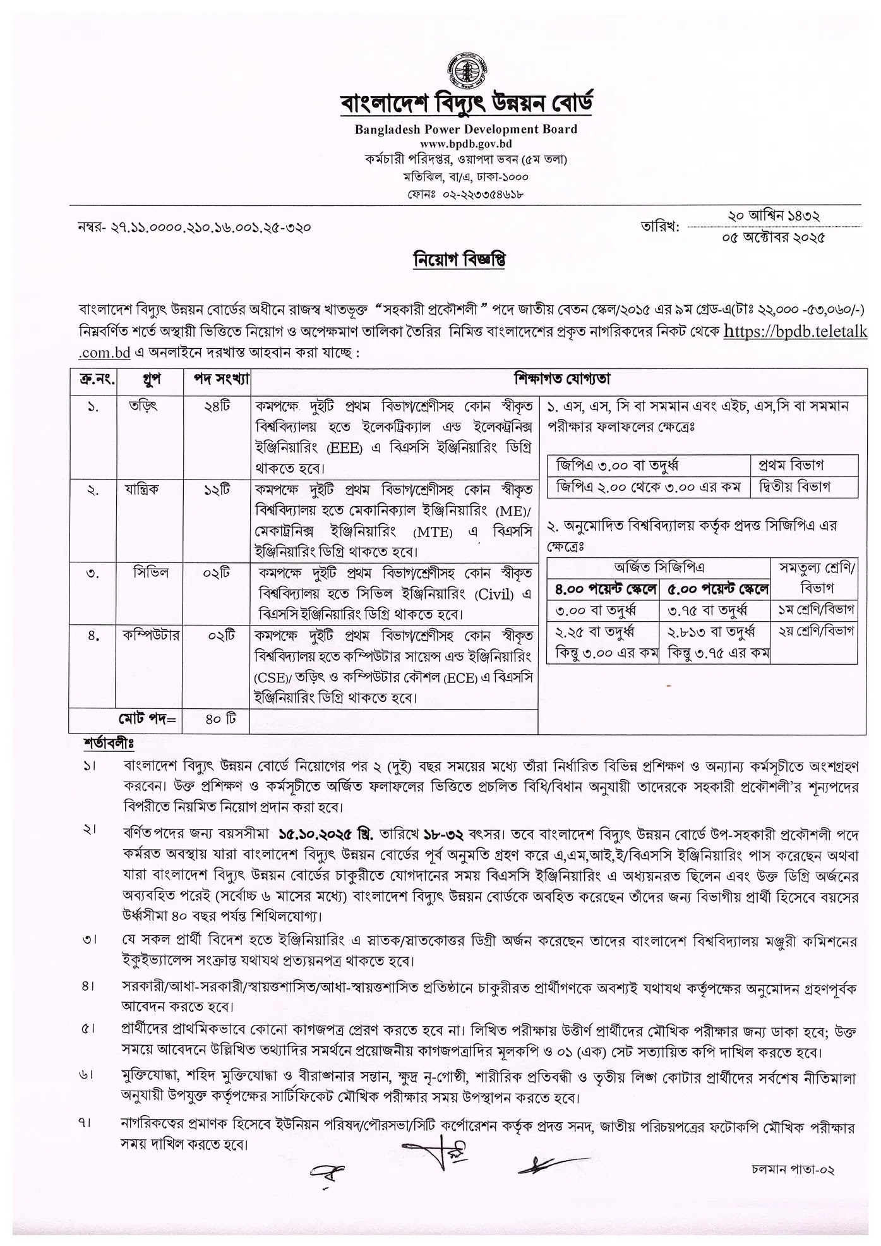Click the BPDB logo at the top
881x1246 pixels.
(466, 71)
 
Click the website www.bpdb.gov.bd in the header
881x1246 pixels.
(465, 144)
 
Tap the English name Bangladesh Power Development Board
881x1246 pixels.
(465, 130)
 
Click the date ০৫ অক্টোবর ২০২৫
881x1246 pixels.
(774, 238)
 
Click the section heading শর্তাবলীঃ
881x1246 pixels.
(109, 742)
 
